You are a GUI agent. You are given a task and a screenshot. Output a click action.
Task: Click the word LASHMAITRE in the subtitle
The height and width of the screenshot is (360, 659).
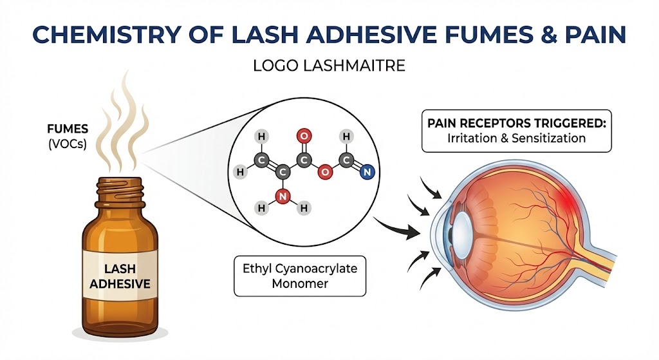pos(358,66)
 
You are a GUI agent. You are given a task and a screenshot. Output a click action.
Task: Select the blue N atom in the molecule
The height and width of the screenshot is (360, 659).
pos(366,172)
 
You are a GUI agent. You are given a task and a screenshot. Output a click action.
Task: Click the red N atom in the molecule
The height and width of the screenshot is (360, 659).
pos(281,195)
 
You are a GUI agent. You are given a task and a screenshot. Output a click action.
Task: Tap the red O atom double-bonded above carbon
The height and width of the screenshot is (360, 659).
pos(303,136)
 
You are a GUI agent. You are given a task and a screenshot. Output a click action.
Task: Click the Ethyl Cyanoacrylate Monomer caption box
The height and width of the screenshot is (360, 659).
pos(300,276)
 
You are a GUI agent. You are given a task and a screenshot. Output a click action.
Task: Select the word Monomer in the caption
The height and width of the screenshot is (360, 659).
pos(300,284)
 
